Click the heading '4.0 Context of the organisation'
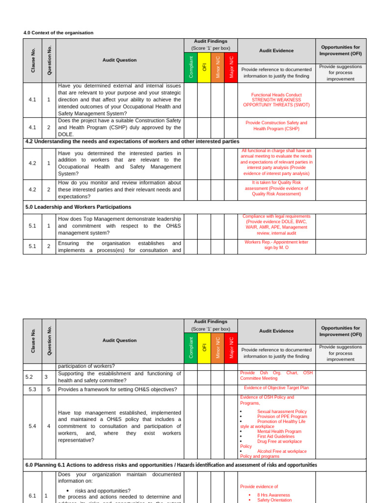tap(58, 33)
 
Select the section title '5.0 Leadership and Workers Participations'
tap(78, 207)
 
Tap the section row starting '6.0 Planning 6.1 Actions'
tap(171, 465)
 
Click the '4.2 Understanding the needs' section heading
tap(132, 142)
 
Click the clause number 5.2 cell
tap(32, 377)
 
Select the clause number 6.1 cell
tap(32, 496)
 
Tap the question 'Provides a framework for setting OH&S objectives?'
tap(117, 390)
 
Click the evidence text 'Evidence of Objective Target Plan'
tap(276, 388)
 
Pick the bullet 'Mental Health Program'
tap(279, 431)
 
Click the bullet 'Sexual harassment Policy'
tap(282, 412)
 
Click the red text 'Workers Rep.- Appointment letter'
tap(276, 242)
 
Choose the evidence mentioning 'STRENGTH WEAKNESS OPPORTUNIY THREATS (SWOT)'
tap(276, 100)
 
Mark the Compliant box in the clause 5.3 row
tap(191, 390)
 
